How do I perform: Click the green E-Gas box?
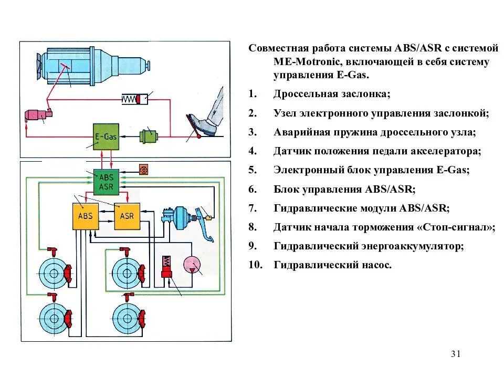(x=106, y=136)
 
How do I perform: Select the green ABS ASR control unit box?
(x=106, y=182)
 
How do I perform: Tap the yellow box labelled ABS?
(x=85, y=216)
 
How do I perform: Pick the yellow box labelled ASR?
(x=127, y=216)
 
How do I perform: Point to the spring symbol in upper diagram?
(x=134, y=98)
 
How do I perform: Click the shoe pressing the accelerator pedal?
(x=202, y=123)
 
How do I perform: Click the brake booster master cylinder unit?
(x=181, y=216)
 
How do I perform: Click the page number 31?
(x=455, y=354)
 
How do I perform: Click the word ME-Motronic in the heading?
(x=301, y=62)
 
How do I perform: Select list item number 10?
(x=255, y=265)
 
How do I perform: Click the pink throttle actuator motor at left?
(x=37, y=114)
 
